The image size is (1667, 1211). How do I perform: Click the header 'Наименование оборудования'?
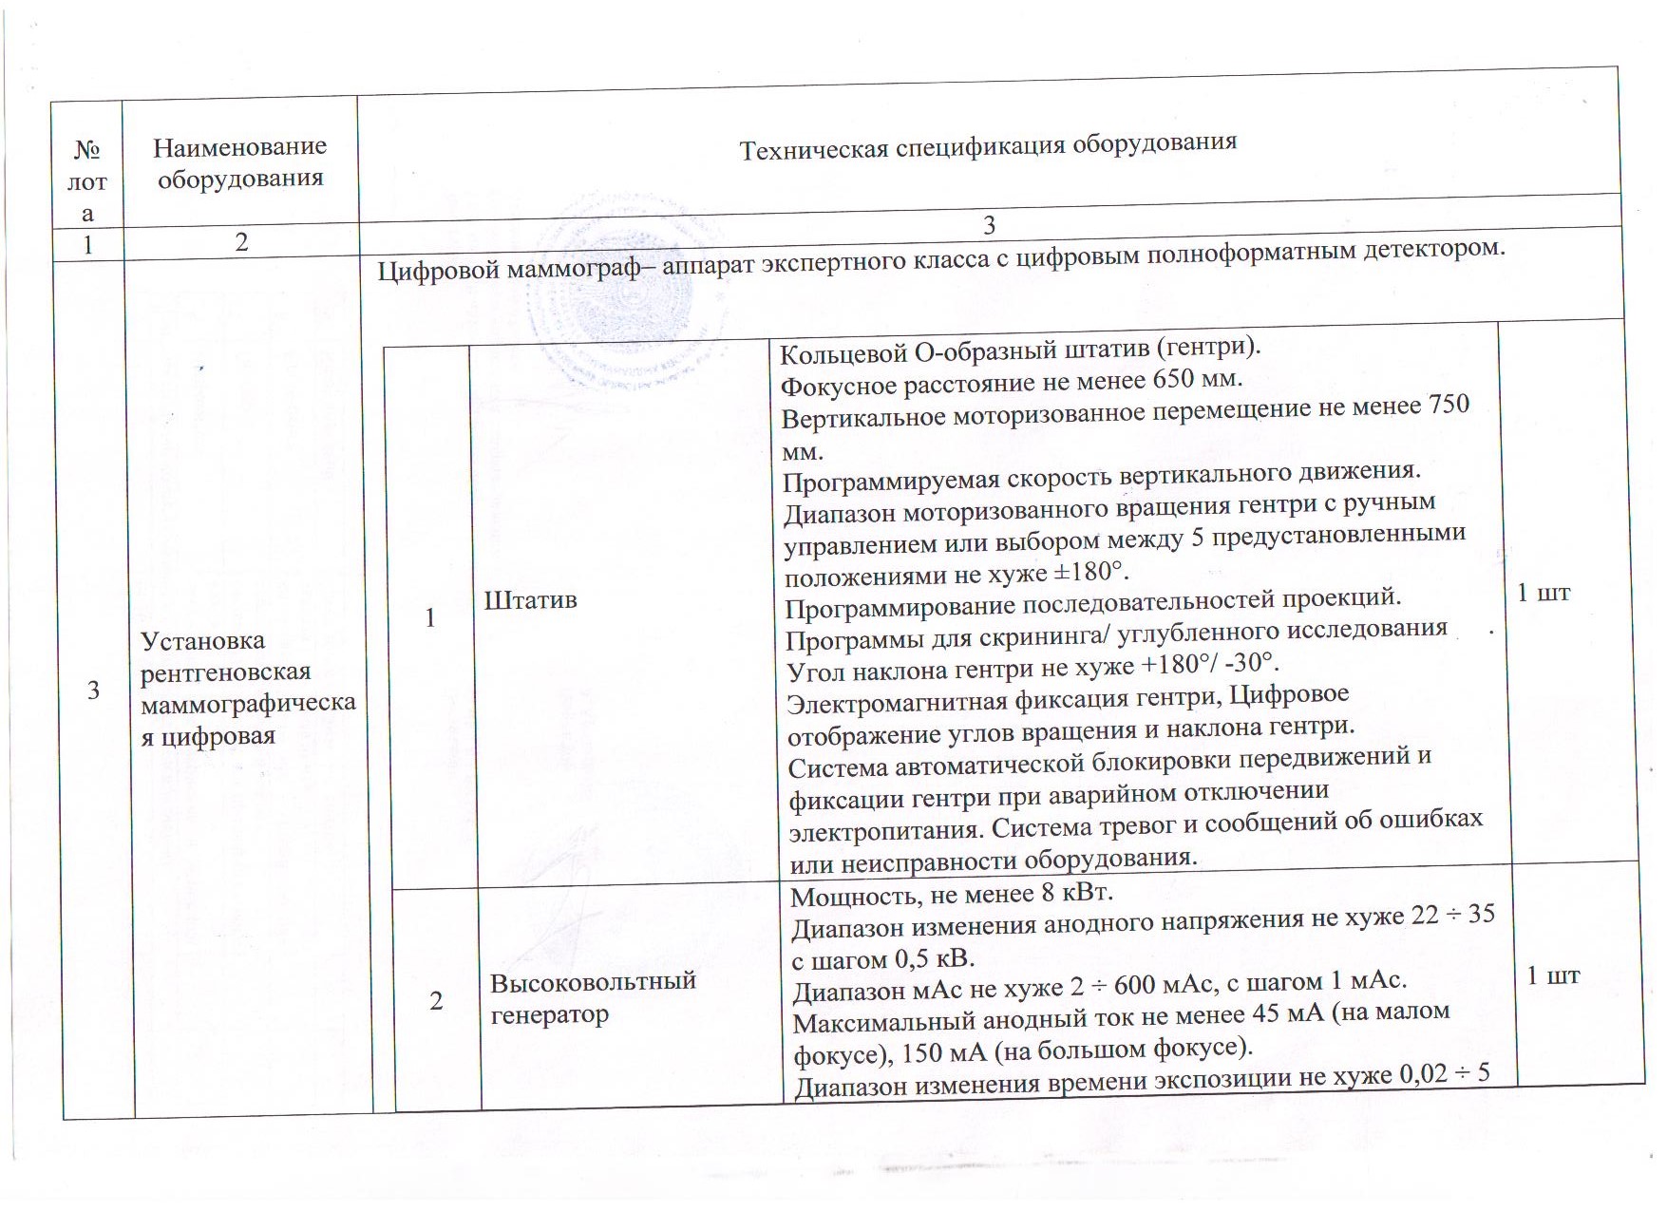pos(240,161)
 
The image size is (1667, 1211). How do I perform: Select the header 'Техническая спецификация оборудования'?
pos(988,145)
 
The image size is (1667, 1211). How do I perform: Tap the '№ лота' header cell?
pos(87,181)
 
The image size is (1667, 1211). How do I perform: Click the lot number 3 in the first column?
pos(93,690)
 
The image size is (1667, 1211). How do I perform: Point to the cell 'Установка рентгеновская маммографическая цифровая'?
pos(247,689)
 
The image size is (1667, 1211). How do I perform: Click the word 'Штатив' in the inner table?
pos(531,599)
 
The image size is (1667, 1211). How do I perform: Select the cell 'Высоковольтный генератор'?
pos(593,997)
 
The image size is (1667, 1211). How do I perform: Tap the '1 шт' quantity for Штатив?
pos(1544,593)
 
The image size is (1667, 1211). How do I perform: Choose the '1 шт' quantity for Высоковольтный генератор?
pos(1553,975)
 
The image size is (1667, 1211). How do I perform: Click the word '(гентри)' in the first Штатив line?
pos(1213,346)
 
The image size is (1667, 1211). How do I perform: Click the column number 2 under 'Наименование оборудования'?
pos(241,242)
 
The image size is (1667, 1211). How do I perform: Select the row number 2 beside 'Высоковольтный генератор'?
pos(436,1000)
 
